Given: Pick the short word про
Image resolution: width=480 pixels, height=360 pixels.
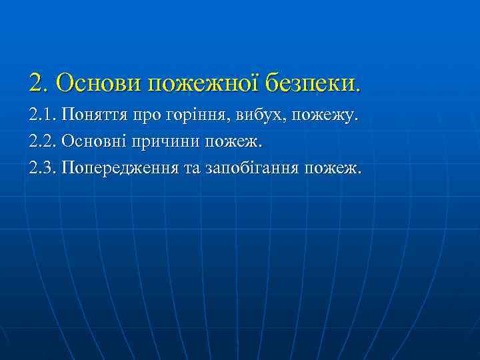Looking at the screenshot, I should point(149,117).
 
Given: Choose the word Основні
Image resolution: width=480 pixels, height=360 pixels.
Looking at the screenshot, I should point(93,142).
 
